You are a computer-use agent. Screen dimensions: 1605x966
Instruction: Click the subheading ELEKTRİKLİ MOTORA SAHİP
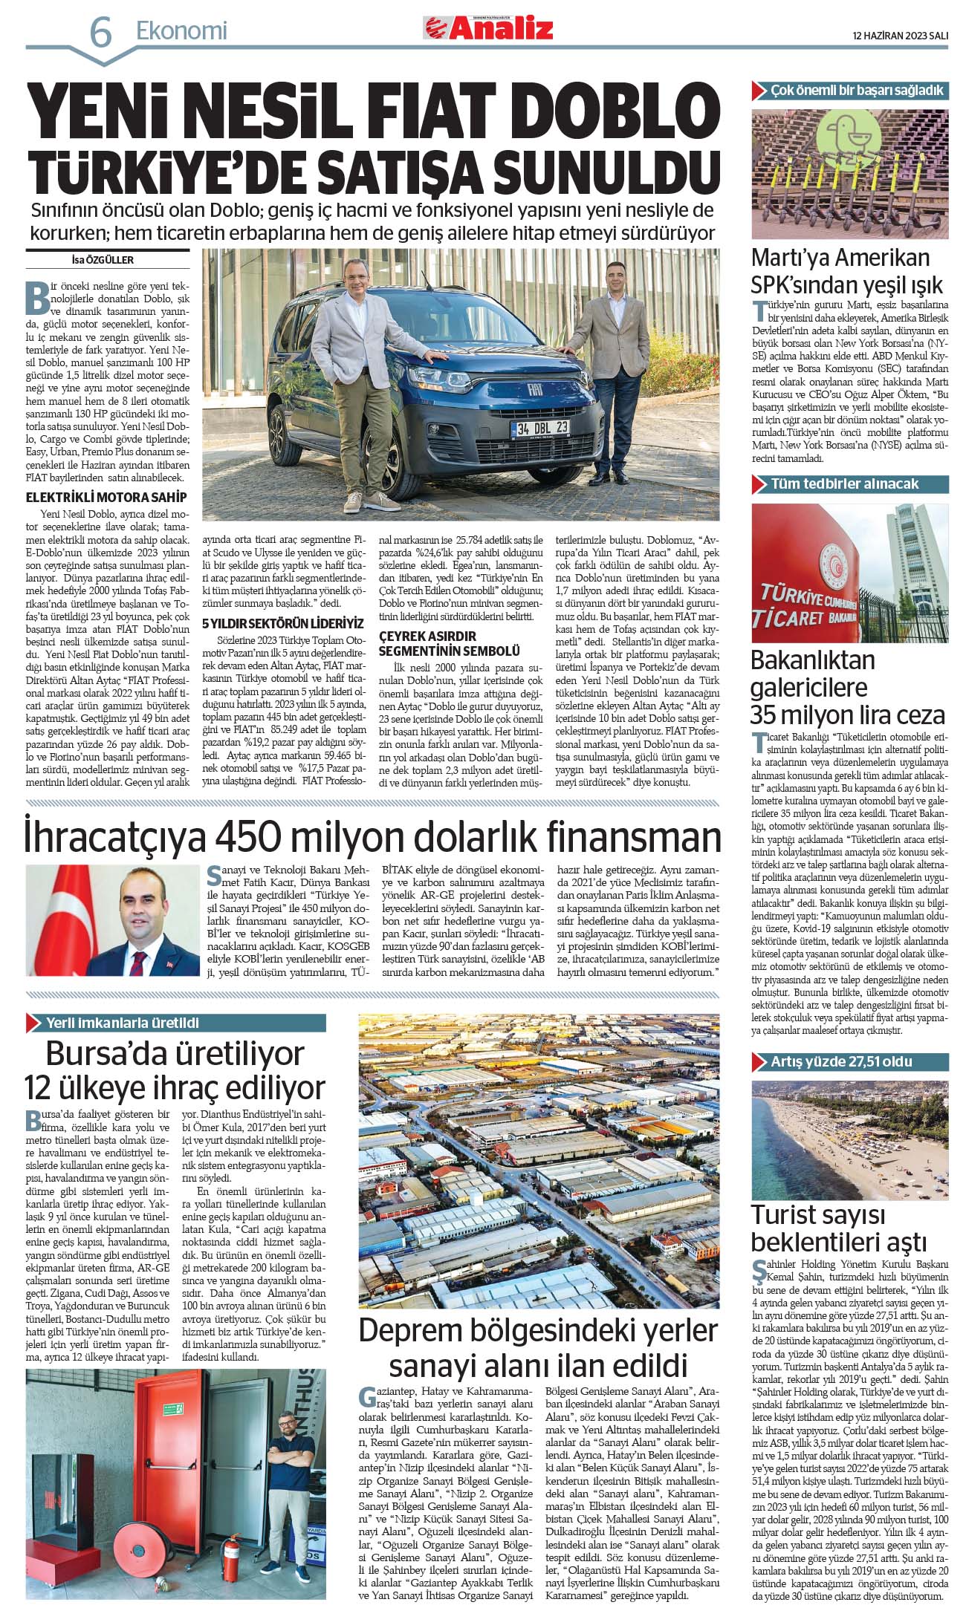106,497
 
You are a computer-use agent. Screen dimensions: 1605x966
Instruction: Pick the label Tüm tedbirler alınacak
844,484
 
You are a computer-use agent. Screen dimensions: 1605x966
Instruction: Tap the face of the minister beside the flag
139,912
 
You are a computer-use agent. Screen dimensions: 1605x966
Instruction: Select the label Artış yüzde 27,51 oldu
841,1061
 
